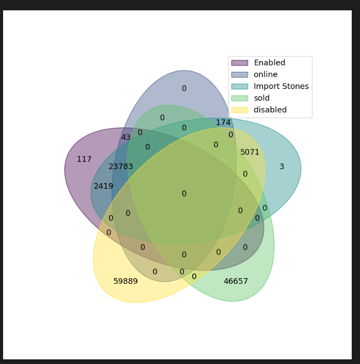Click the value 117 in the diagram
pyautogui.click(x=84, y=159)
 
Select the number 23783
pyautogui.click(x=121, y=166)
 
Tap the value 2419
pyautogui.click(x=103, y=186)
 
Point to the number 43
pyautogui.click(x=126, y=138)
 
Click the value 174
pyautogui.click(x=223, y=123)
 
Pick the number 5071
pyautogui.click(x=250, y=152)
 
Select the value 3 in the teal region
pyautogui.click(x=281, y=166)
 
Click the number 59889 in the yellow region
pyautogui.click(x=126, y=281)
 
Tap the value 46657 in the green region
pyautogui.click(x=236, y=281)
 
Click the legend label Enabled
pyautogui.click(x=269, y=63)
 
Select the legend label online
pyautogui.click(x=265, y=74)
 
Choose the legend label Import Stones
pyautogui.click(x=281, y=86)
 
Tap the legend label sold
pyautogui.click(x=261, y=98)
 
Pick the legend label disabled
pyautogui.click(x=270, y=110)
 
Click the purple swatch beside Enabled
pyautogui.click(x=240, y=63)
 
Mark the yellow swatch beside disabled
pyautogui.click(x=240, y=110)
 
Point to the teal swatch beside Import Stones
pyautogui.click(x=240, y=86)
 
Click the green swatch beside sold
pyautogui.click(x=240, y=98)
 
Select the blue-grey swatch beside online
pyautogui.click(x=240, y=74)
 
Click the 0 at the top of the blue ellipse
pyautogui.click(x=184, y=88)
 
